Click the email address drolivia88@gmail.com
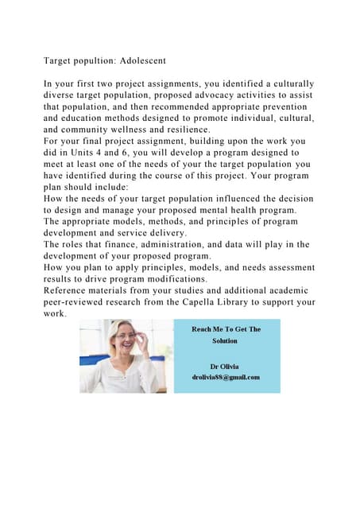226,377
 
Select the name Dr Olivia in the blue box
226,365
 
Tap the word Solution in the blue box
226,340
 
